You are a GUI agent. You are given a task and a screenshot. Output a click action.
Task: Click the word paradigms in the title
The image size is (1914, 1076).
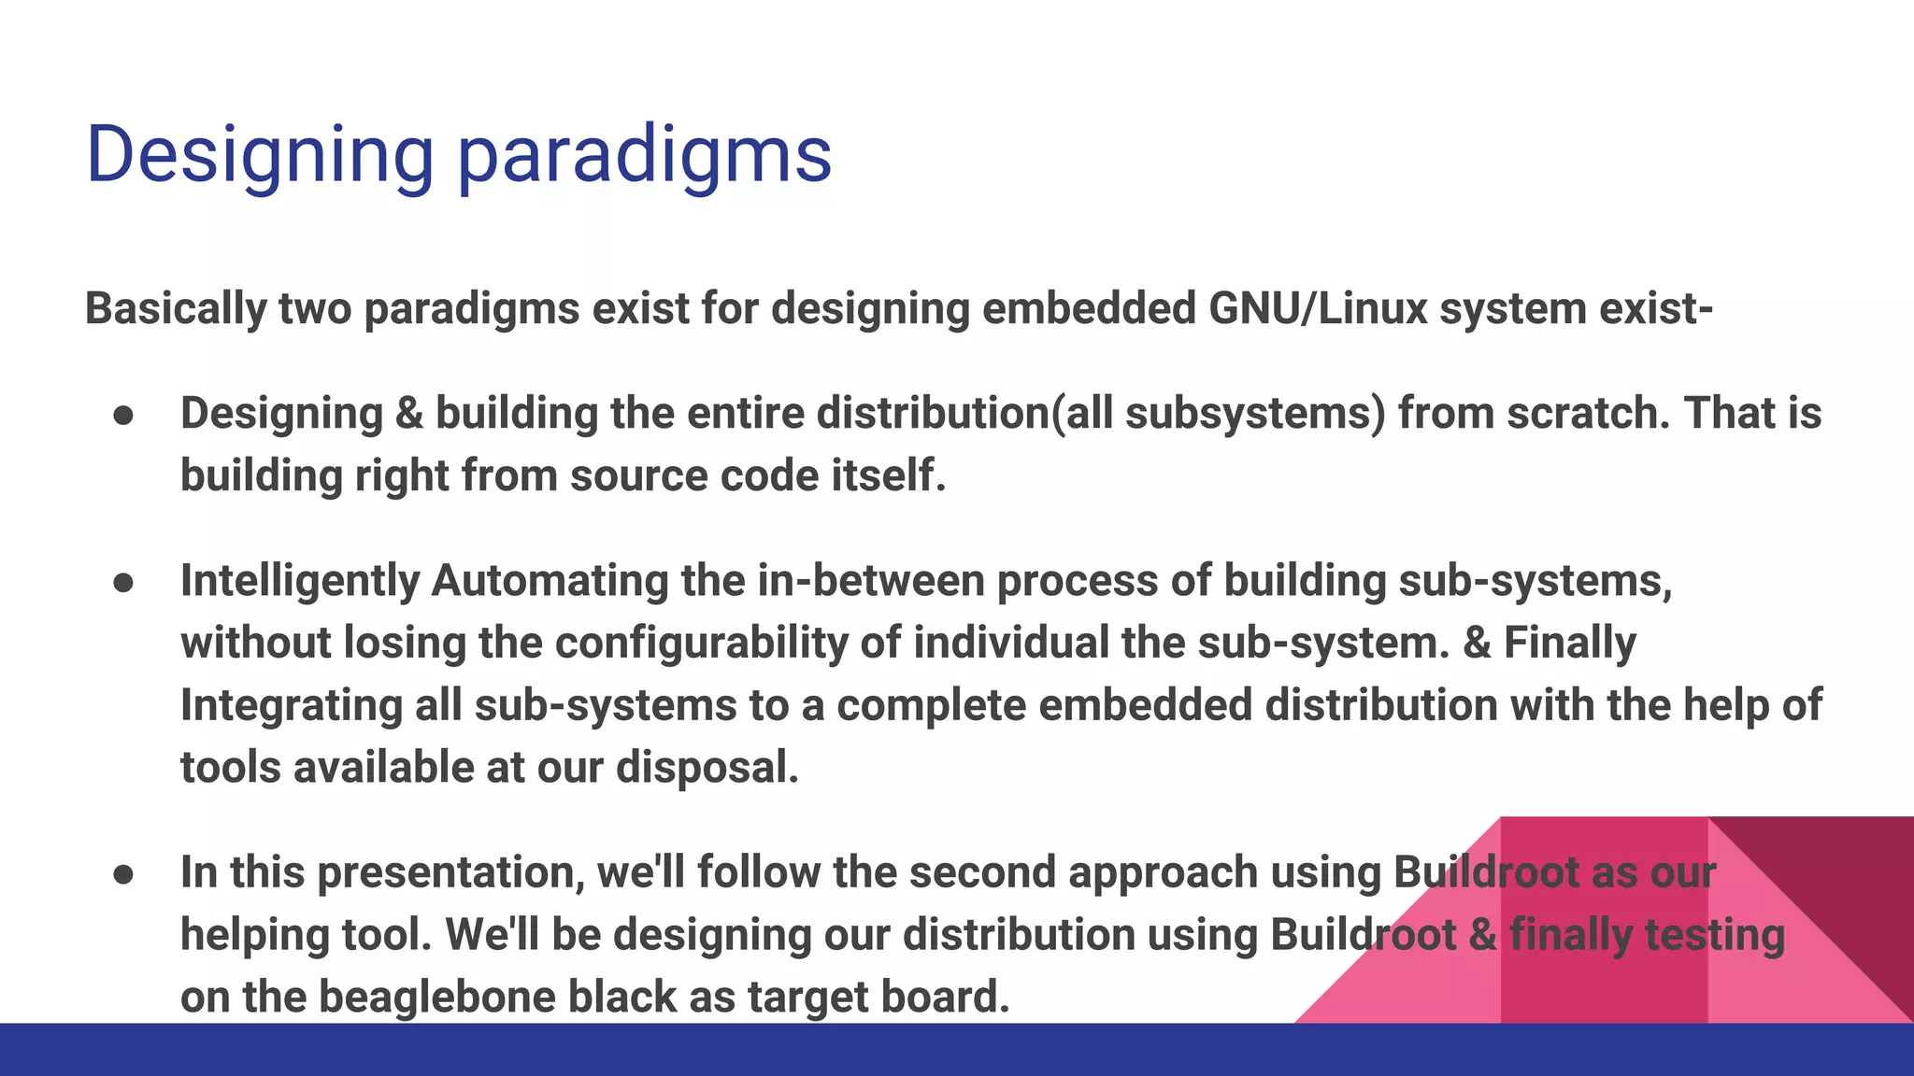pyautogui.click(x=644, y=155)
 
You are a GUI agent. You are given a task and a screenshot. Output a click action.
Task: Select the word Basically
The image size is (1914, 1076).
pyautogui.click(x=176, y=308)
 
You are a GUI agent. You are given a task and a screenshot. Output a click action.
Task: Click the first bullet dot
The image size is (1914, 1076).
pyautogui.click(x=123, y=416)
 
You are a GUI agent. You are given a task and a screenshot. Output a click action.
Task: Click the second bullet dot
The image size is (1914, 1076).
pyautogui.click(x=123, y=583)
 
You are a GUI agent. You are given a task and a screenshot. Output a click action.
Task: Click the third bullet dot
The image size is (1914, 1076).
pyautogui.click(x=123, y=874)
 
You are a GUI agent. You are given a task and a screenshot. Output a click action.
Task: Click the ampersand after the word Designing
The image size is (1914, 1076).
pyautogui.click(x=409, y=413)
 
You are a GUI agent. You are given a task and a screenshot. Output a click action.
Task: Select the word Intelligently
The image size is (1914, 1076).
pyautogui.click(x=300, y=580)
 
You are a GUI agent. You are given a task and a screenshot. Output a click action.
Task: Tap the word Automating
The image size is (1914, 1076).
pyautogui.click(x=550, y=580)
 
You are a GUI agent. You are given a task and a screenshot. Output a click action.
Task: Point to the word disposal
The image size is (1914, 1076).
pyautogui.click(x=707, y=767)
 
